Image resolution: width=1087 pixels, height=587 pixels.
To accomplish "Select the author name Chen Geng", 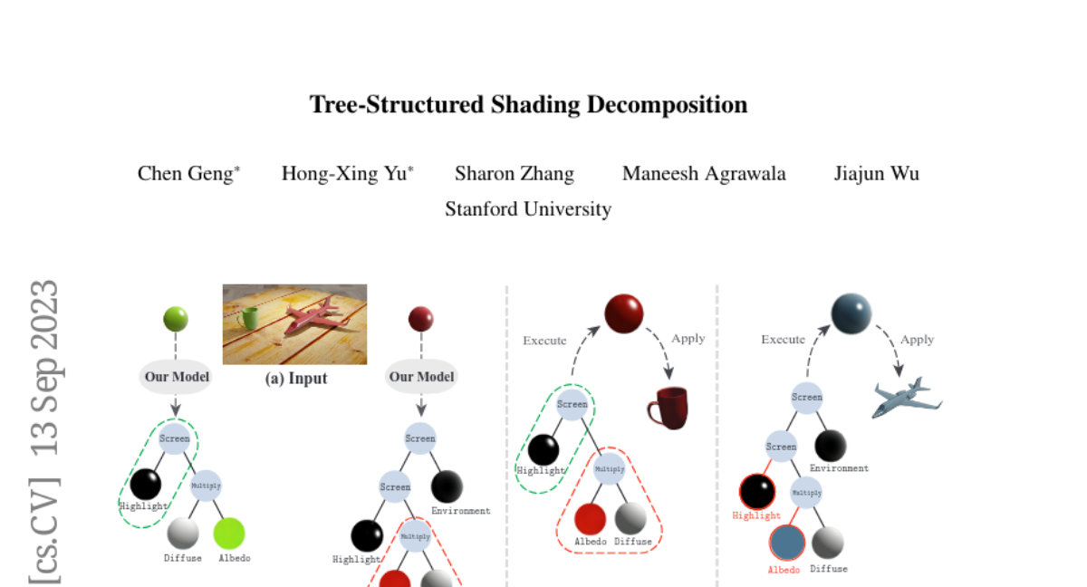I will pos(185,174).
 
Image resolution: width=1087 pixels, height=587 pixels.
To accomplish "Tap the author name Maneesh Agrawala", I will pos(704,174).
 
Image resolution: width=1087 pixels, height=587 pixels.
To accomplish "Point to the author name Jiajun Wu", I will pos(876,174).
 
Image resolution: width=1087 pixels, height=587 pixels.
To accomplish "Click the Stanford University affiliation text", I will pos(528,209).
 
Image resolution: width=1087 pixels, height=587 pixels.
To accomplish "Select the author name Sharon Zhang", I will pos(514,174).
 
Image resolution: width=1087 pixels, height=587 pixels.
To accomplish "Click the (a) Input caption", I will pos(295,379).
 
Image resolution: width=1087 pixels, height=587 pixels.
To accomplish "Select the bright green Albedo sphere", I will pos(229,533).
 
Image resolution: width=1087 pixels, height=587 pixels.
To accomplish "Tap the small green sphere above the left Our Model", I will pos(176,319).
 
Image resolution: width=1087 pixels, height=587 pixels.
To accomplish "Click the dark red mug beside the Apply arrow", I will pos(669,407).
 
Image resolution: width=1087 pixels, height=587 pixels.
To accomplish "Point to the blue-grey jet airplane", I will pos(907,398).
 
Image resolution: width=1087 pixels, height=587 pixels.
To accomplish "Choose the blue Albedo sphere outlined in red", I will pos(786,543).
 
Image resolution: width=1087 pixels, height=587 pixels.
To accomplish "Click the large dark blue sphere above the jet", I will pos(851,313).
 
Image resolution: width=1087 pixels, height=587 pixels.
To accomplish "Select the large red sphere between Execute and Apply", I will pos(624,313).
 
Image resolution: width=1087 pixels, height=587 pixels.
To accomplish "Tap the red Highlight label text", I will pos(756,515).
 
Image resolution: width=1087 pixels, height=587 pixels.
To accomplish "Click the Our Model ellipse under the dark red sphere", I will pos(421,377).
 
